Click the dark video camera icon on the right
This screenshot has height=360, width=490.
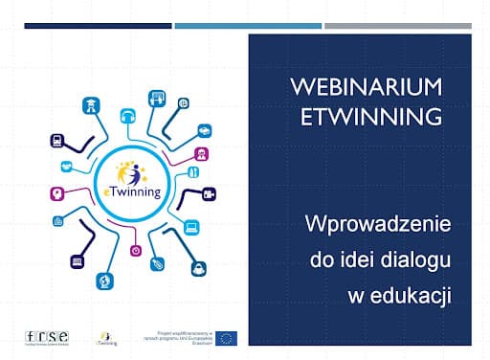209,194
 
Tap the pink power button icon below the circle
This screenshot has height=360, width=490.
136,251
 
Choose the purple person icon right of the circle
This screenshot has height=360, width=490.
202,153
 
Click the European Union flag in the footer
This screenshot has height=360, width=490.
226,337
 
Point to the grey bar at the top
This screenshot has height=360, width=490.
397,26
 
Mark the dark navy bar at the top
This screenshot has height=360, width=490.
98,26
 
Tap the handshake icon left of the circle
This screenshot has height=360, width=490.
66,165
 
